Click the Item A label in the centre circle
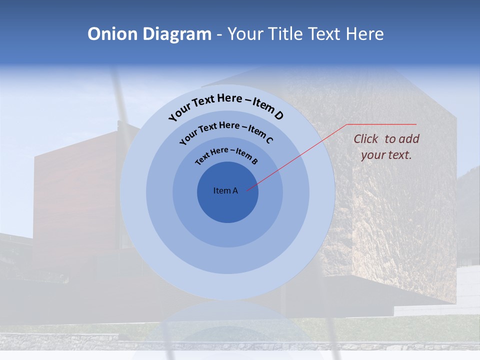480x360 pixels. (225, 190)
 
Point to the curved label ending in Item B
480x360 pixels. (226, 154)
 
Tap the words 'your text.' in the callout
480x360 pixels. (386, 155)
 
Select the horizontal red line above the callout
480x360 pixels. (382, 124)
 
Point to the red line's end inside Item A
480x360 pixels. (247, 190)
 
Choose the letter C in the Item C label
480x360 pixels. (269, 140)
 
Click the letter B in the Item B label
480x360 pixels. (254, 161)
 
